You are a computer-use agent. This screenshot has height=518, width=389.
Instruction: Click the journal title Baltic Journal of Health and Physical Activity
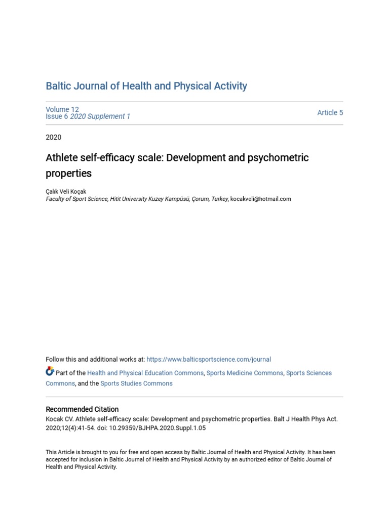146,86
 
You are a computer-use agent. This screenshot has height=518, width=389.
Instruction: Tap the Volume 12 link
62,109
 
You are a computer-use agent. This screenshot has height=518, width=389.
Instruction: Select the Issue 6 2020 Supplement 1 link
88,116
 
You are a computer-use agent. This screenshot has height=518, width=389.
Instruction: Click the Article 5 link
330,113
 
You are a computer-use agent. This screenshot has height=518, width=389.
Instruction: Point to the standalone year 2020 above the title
54,137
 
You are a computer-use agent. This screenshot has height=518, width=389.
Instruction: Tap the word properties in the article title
69,174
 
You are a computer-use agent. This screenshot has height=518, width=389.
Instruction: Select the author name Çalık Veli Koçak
66,191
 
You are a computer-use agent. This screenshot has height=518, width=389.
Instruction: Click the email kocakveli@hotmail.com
261,199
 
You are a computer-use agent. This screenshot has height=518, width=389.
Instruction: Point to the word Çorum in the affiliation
202,199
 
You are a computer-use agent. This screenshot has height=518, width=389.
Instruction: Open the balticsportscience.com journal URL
209,359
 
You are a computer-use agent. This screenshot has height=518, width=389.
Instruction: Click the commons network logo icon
50,372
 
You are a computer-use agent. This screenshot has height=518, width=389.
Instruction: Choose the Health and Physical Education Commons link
145,373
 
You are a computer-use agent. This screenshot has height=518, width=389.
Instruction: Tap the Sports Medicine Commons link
245,373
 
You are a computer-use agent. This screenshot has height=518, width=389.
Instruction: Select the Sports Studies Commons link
136,383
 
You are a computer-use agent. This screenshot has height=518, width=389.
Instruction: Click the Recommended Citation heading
82,409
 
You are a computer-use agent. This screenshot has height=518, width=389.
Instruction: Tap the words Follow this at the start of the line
58,359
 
